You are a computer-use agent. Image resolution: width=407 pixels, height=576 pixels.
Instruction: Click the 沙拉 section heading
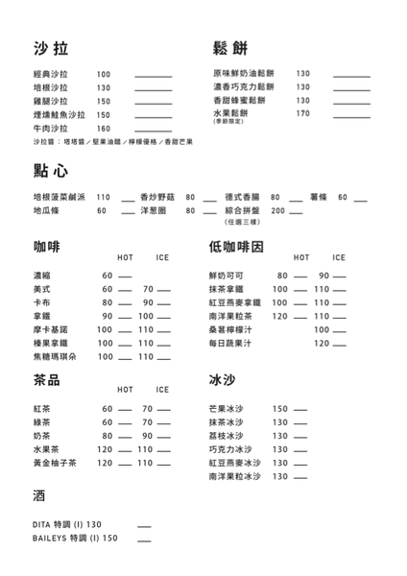pos(50,49)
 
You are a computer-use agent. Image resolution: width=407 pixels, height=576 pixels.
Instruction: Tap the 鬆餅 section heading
pos(230,49)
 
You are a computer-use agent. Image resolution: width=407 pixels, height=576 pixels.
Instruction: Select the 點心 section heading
pos(50,170)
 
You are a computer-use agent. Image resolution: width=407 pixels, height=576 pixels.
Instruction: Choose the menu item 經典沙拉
pos(50,74)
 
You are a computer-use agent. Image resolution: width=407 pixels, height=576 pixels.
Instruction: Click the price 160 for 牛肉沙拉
pos(104,128)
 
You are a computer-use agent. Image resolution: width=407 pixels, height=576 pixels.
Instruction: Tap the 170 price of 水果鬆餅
pos(303,113)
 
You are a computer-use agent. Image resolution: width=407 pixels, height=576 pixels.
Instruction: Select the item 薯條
pos(322,197)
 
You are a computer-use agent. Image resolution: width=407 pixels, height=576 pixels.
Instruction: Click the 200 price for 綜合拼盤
pos(279,210)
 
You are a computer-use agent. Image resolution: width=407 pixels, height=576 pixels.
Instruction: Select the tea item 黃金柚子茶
pos(55,463)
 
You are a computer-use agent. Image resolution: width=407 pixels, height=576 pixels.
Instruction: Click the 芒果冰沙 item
pos(227,409)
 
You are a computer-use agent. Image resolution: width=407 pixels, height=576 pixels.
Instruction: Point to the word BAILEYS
pos(48,539)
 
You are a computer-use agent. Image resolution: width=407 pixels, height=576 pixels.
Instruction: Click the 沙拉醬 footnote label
pos(43,142)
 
